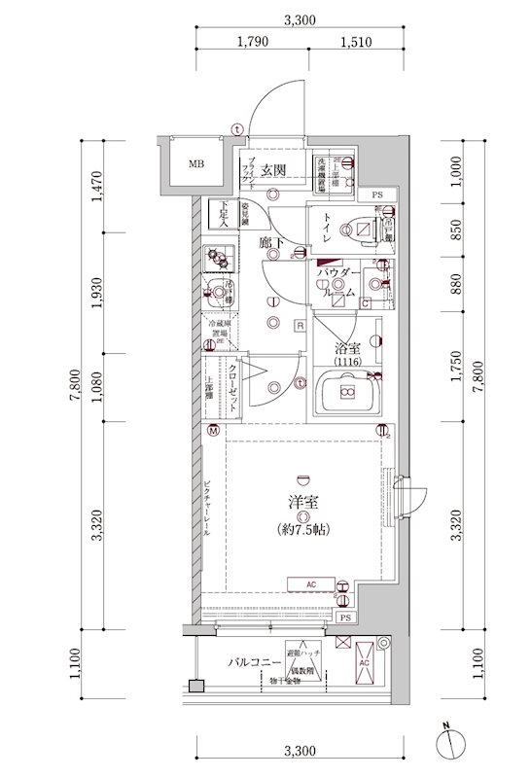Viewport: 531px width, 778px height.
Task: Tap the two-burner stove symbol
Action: (221, 259)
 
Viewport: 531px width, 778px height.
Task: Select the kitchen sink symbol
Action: (219, 290)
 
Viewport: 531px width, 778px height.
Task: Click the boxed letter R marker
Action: (301, 325)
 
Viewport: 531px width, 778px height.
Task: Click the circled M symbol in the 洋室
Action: (212, 429)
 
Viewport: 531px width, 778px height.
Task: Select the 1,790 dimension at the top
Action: (251, 42)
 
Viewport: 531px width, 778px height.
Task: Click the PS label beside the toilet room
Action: (377, 195)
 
